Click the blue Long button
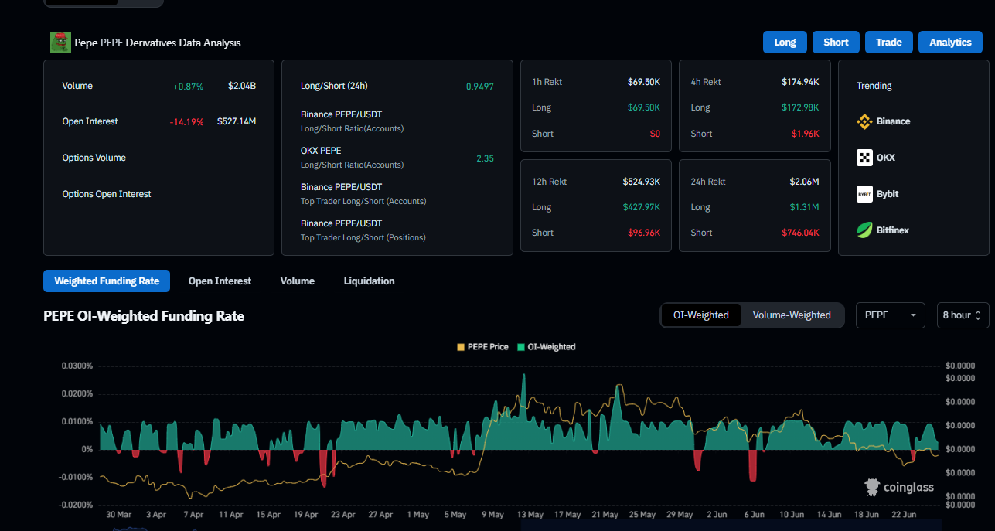click(785, 43)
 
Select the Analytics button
click(950, 43)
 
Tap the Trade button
click(889, 43)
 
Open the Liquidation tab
click(369, 281)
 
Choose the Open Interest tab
click(220, 281)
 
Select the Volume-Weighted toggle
click(792, 315)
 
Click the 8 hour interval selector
click(963, 315)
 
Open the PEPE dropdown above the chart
click(890, 315)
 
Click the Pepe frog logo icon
click(60, 43)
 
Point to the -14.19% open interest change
click(186, 122)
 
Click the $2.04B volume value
click(242, 86)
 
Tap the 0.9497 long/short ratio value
click(480, 87)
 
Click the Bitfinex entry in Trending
click(883, 230)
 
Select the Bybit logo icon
click(864, 194)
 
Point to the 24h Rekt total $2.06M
click(804, 182)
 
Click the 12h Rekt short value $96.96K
click(644, 233)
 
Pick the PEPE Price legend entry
click(483, 347)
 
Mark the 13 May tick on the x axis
click(530, 515)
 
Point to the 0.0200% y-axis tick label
click(77, 394)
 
